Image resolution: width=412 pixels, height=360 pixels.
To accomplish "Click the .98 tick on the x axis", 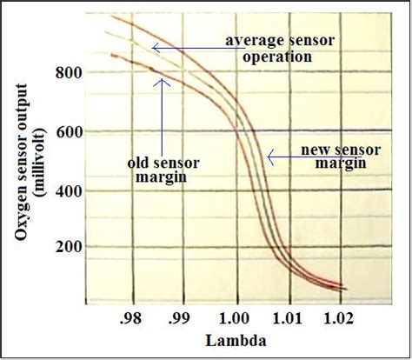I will (x=131, y=316).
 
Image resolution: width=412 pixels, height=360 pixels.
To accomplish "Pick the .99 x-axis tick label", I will (x=180, y=316).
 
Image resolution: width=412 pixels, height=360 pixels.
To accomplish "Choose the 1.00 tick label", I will (x=235, y=316).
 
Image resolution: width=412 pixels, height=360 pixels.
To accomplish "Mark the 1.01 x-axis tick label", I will (x=289, y=316).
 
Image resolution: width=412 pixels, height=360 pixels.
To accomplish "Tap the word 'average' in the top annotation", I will (x=249, y=41).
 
